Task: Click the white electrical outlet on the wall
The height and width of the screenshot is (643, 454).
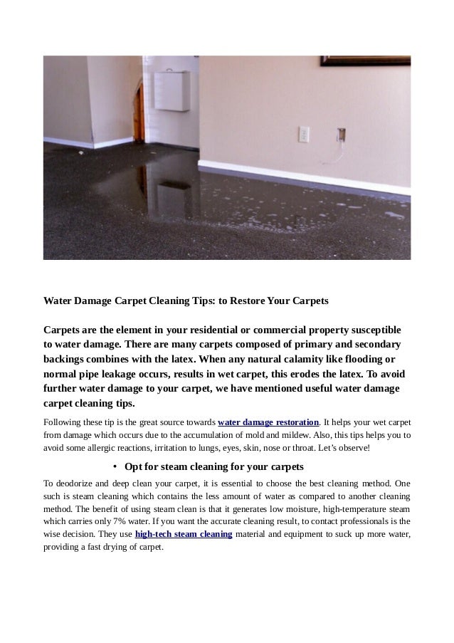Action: (x=304, y=134)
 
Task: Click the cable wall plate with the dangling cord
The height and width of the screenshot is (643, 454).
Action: (x=341, y=134)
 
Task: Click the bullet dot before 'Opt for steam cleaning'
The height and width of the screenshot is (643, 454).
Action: (x=114, y=467)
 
